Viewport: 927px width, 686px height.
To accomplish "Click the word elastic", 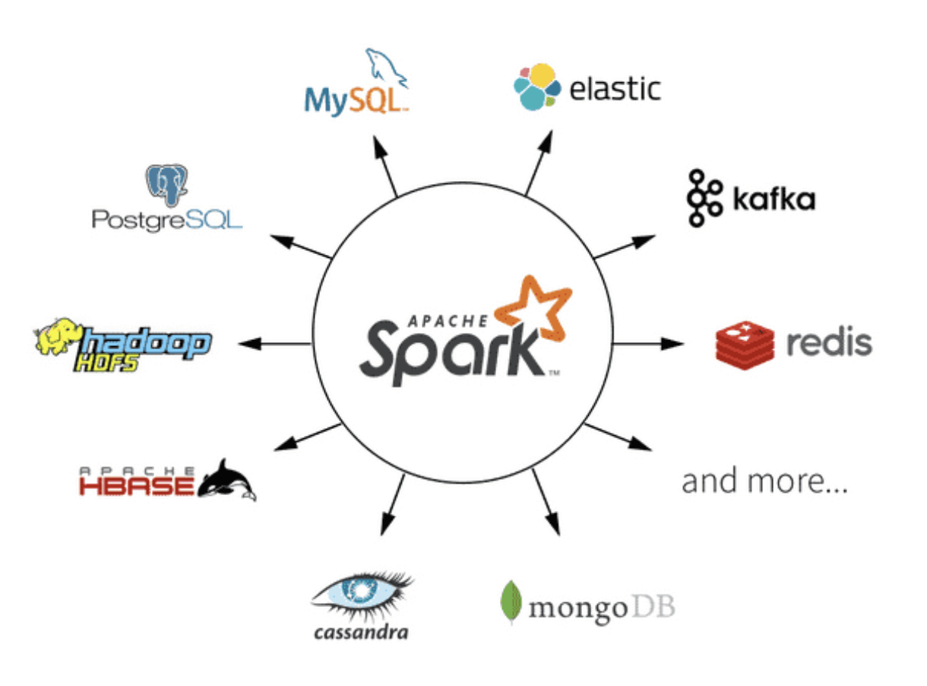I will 615,89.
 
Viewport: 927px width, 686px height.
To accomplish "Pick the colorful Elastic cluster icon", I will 537,87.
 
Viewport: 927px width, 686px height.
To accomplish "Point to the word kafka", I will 774,199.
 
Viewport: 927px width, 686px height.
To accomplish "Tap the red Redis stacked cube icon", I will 745,344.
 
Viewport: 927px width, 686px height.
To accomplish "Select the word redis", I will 829,344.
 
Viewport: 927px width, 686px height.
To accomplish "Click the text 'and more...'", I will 764,481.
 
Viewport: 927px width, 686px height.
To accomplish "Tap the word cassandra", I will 361,632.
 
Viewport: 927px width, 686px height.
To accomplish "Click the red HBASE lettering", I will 137,484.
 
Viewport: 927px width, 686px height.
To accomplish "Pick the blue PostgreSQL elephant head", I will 166,185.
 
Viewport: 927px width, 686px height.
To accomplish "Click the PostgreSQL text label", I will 166,221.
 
